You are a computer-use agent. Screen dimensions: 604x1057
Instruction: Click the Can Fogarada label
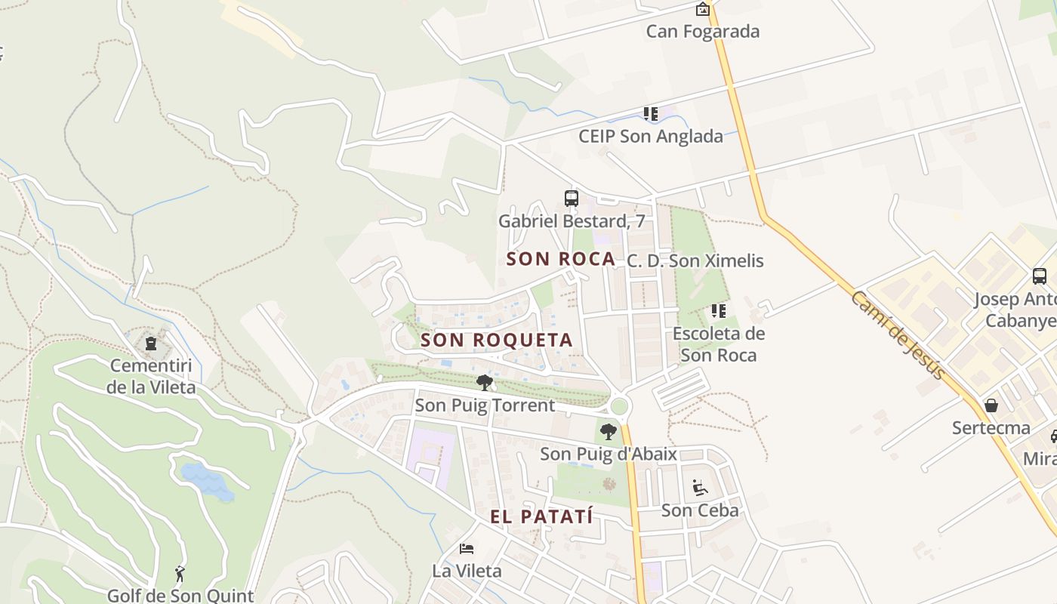(702, 32)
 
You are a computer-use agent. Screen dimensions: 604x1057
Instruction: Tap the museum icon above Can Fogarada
(703, 9)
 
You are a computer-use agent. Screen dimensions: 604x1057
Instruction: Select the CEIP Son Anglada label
(650, 137)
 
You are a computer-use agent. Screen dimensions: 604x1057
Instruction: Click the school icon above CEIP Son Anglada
(651, 114)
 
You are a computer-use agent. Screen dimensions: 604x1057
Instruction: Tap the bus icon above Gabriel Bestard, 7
(572, 199)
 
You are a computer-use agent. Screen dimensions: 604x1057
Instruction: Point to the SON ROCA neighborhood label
(561, 259)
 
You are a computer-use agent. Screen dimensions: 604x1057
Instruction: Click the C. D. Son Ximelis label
(695, 261)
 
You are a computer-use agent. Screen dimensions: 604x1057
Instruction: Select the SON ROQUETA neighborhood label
(497, 341)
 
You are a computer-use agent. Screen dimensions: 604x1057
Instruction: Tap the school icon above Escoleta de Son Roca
(718, 310)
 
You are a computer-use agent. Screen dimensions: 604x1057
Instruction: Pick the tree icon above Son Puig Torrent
(485, 383)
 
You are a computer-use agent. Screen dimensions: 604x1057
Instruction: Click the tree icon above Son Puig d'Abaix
(608, 432)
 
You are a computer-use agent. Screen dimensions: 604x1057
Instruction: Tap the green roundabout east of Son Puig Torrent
(619, 407)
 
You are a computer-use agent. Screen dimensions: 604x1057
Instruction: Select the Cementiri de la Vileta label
(151, 377)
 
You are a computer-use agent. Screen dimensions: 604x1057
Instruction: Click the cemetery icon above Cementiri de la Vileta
(151, 344)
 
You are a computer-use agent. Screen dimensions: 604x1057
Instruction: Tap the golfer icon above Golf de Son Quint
(180, 575)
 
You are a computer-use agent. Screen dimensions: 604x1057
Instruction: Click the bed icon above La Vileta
(467, 548)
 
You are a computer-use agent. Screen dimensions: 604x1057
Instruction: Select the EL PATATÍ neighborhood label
(541, 517)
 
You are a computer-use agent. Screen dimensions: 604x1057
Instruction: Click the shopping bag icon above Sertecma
(991, 405)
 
